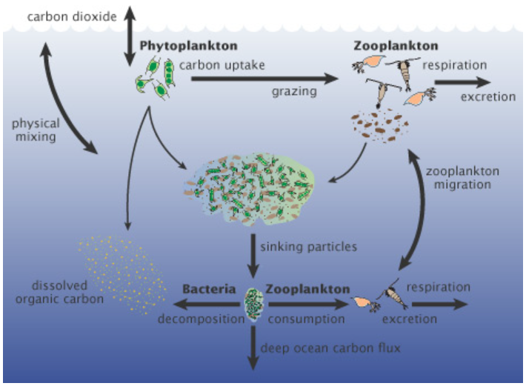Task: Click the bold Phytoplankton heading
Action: click(188, 46)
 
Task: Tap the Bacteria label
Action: click(209, 289)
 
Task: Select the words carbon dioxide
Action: click(72, 16)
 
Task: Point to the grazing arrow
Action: click(264, 79)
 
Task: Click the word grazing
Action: click(294, 92)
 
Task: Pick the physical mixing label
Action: click(36, 130)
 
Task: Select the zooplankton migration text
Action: click(462, 178)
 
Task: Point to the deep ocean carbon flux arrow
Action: click(253, 347)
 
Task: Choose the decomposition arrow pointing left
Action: click(207, 305)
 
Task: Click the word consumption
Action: click(306, 319)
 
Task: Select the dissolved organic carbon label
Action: click(59, 292)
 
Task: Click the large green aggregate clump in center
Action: click(250, 190)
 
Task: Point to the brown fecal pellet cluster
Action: click(380, 125)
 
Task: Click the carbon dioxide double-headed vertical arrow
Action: click(130, 36)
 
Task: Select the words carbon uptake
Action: click(222, 65)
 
